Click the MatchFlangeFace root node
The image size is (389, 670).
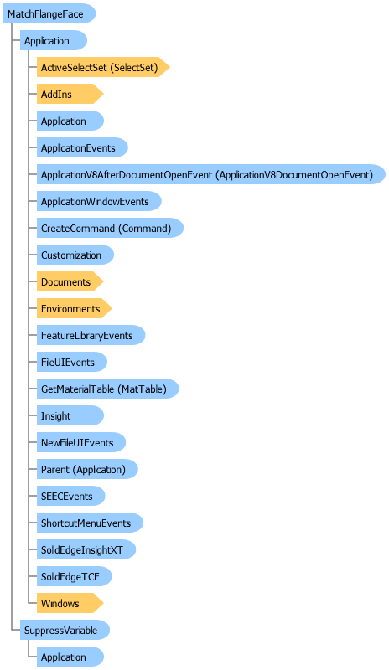(x=49, y=13)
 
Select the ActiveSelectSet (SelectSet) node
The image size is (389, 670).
(x=103, y=67)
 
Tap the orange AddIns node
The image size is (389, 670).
(x=70, y=94)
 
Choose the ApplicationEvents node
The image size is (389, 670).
(x=82, y=148)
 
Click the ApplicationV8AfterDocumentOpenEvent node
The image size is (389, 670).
(x=211, y=174)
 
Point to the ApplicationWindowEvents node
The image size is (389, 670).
(x=99, y=201)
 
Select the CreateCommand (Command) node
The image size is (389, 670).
(x=110, y=228)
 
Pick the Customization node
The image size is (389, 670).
(x=75, y=255)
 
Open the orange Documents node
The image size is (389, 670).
(x=70, y=282)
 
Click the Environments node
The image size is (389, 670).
(x=75, y=308)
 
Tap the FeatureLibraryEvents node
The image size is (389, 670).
(x=91, y=336)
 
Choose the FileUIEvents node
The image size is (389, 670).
(x=72, y=363)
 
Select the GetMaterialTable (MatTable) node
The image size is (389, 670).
(x=107, y=389)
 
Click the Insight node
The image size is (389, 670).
(x=70, y=415)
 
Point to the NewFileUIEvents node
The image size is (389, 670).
(x=81, y=443)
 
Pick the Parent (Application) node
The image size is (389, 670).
(x=87, y=469)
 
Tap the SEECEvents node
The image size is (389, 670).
(x=70, y=496)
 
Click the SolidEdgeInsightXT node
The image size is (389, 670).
(x=86, y=550)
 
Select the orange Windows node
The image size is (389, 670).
(x=70, y=603)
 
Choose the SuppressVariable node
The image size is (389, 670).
(x=65, y=631)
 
